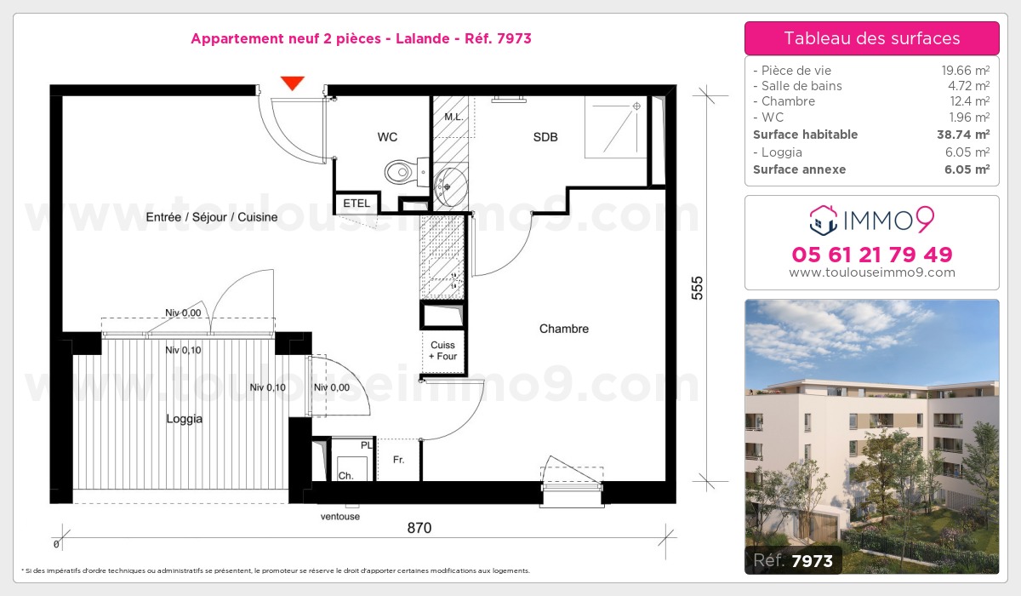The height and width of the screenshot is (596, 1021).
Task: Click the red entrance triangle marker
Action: [293, 83]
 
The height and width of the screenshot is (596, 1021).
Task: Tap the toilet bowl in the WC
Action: [400, 172]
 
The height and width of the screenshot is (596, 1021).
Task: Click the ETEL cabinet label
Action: [356, 203]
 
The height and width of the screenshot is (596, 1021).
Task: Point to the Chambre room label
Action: [563, 329]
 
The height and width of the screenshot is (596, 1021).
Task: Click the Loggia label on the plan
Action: [184, 419]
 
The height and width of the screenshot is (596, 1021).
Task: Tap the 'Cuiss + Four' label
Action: [442, 350]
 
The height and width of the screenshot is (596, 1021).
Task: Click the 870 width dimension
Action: [419, 528]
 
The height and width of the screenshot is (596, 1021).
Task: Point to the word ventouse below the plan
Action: [340, 516]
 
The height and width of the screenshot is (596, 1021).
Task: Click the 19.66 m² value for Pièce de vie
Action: [960, 71]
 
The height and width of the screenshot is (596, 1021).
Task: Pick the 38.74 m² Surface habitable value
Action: [959, 135]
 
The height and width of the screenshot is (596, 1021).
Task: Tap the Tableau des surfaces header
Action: [871, 38]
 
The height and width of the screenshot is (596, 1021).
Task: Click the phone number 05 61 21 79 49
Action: [871, 255]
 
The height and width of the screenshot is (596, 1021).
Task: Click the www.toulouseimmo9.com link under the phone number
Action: [871, 273]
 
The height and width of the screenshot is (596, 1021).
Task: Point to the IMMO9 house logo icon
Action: [823, 220]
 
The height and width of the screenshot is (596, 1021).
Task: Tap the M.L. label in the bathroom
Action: [453, 117]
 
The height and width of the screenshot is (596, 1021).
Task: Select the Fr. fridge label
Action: [398, 461]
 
